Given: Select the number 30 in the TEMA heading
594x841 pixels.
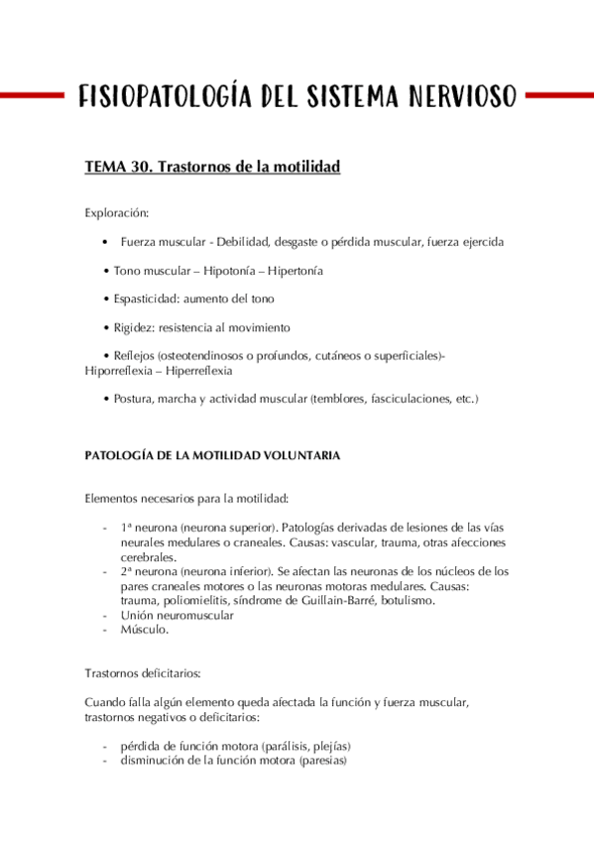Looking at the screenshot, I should coord(141,168).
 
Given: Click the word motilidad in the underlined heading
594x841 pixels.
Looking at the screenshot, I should coord(303,168).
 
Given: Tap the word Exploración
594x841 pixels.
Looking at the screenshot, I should coord(117,212).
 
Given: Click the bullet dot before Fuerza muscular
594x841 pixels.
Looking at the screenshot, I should coord(106,242).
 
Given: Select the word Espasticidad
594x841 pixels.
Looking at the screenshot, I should coord(147,299).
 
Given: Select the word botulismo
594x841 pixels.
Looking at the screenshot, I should coord(406,600).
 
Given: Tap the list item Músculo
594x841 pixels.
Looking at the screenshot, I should coord(145,630).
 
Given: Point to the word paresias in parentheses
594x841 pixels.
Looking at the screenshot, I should coord(321,761).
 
